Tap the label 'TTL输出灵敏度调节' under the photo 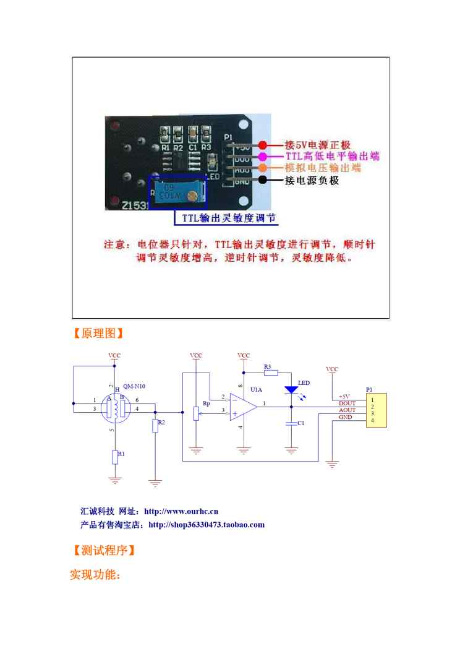229,218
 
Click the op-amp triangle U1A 244,407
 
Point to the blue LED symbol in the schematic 291,390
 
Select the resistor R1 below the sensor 115,457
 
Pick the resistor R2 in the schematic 155,426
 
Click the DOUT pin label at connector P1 347,403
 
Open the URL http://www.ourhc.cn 181,512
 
